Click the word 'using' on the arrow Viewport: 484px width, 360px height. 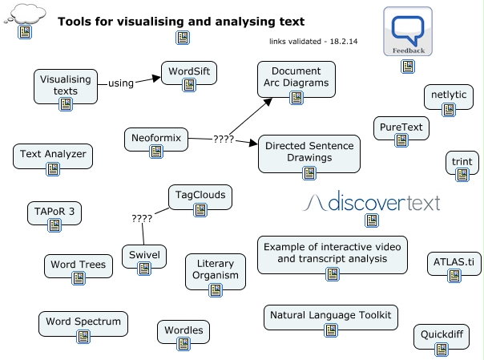coord(121,83)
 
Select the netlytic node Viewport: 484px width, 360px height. coord(448,96)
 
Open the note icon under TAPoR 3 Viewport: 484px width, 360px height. coord(54,227)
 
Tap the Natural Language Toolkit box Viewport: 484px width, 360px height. coord(331,317)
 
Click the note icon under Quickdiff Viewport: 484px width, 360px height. coord(442,350)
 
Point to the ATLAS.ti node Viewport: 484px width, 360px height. coord(454,263)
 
